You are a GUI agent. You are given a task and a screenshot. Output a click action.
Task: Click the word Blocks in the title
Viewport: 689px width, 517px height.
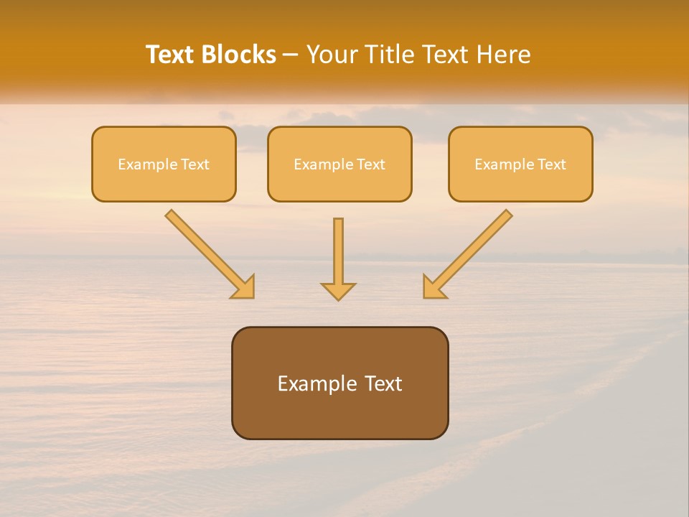tap(240, 55)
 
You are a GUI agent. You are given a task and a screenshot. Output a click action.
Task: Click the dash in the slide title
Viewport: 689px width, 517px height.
tap(291, 55)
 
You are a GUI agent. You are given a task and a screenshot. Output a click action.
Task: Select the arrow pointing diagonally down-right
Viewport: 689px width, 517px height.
tap(208, 253)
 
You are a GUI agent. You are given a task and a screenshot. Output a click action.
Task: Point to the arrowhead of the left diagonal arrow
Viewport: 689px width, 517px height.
tap(244, 287)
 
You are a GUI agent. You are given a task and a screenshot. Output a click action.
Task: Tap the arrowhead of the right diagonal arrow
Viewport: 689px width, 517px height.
tap(433, 287)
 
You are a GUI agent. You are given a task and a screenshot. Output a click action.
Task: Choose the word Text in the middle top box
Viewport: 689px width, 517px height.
tap(370, 164)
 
